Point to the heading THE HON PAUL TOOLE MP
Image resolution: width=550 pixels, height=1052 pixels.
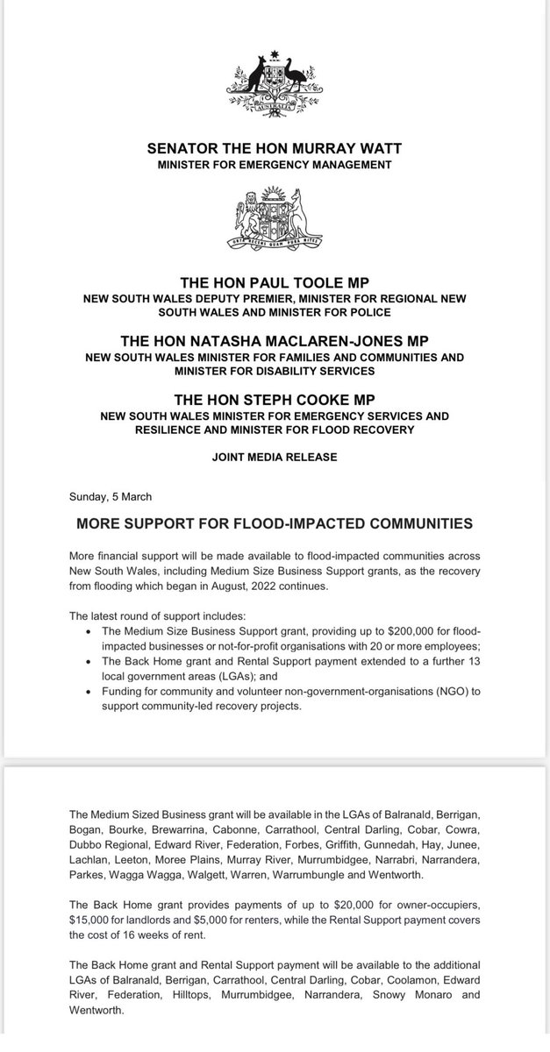pos(275,283)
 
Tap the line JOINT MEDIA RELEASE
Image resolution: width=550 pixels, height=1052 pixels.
pos(275,457)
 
